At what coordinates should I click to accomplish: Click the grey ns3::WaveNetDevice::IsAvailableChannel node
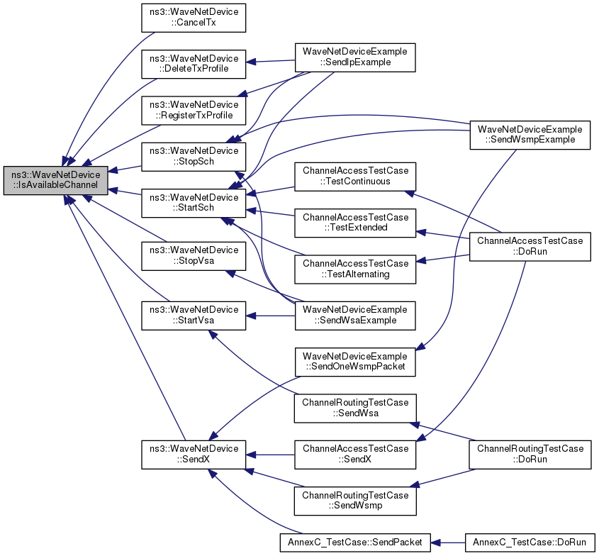click(56, 180)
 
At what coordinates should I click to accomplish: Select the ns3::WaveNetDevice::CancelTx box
click(194, 18)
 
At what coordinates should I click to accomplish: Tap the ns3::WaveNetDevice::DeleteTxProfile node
click(194, 64)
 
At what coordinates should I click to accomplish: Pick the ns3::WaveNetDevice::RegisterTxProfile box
click(194, 110)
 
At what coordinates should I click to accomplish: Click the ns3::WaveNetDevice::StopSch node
click(194, 156)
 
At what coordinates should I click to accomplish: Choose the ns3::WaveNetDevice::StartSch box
click(194, 203)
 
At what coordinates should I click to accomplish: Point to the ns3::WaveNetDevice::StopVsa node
click(194, 255)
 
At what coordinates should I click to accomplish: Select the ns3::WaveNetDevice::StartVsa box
click(194, 316)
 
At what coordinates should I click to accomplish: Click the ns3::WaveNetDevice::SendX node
click(194, 455)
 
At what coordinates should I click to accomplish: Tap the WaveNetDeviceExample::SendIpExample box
click(355, 57)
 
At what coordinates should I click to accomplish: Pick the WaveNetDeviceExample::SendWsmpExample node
click(530, 135)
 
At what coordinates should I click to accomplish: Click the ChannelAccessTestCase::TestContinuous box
click(355, 177)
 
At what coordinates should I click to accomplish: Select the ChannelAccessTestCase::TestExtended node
click(355, 223)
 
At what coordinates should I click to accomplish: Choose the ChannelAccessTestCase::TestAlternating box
click(355, 269)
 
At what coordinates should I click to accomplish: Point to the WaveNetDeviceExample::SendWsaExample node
click(355, 316)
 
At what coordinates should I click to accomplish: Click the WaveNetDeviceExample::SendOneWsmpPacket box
click(355, 362)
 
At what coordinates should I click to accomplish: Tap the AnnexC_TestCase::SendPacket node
click(355, 543)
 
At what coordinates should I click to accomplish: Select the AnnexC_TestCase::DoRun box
click(530, 543)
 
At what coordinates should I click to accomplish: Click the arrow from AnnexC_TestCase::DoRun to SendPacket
click(448, 543)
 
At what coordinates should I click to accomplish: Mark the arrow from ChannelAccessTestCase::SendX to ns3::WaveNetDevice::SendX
click(270, 455)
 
